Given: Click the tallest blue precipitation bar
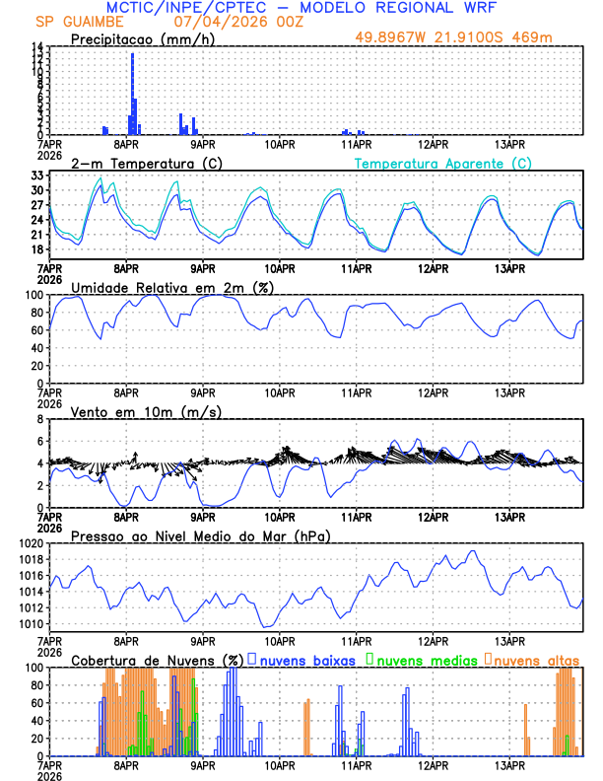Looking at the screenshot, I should click(132, 94).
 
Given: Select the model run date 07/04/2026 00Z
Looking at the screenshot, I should click(226, 22).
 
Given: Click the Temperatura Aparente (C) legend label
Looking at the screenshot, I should click(443, 163).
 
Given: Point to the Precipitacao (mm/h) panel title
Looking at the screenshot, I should click(141, 38).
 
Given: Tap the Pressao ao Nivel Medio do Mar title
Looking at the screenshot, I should click(200, 535).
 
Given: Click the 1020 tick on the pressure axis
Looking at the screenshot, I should click(30, 543).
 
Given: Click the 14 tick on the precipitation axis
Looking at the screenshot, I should click(35, 47).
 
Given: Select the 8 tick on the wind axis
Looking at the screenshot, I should click(39, 419).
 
